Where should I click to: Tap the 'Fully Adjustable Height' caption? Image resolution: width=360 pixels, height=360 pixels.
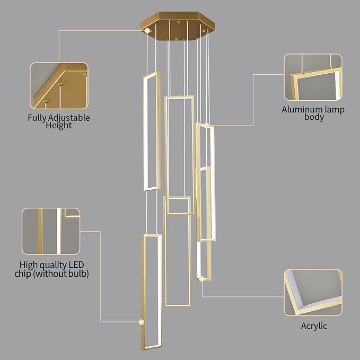coord(59,121)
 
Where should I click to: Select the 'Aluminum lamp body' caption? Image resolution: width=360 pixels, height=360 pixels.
coord(313,113)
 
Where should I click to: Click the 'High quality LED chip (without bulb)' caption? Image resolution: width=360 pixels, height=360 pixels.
coord(51,269)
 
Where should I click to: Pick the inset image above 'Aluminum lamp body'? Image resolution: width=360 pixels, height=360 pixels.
coord(313,77)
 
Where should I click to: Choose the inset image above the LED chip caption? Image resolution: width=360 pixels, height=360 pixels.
coord(51,231)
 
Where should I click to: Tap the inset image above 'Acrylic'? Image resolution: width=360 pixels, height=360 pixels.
coord(313,292)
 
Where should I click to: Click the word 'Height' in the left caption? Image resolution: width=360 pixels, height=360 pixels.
coord(59,126)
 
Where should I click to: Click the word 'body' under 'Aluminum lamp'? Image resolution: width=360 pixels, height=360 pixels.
coord(313,117)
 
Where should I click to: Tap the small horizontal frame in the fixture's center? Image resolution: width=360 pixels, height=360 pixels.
coord(178,205)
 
